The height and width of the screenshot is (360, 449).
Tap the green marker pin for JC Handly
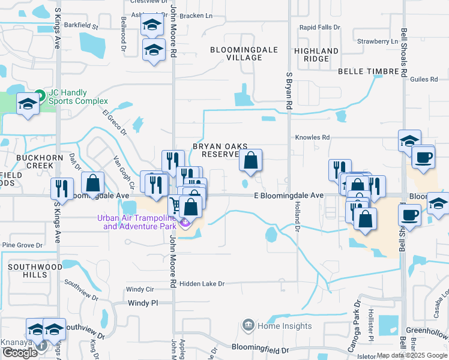point(40,95)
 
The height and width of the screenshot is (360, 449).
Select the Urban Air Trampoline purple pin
point(185,224)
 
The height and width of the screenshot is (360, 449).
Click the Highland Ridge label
point(316,55)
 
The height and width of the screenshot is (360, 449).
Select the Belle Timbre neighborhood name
point(368,71)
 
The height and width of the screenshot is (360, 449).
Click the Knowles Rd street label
point(312,137)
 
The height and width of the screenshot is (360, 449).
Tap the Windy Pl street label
point(142,304)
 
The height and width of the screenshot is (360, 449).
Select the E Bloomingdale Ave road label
point(288,196)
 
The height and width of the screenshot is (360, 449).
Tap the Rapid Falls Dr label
point(319,28)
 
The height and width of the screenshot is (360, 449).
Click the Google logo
point(20,353)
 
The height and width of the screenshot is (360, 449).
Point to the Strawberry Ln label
point(377,41)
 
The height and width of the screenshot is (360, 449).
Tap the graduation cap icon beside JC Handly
point(28,105)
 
